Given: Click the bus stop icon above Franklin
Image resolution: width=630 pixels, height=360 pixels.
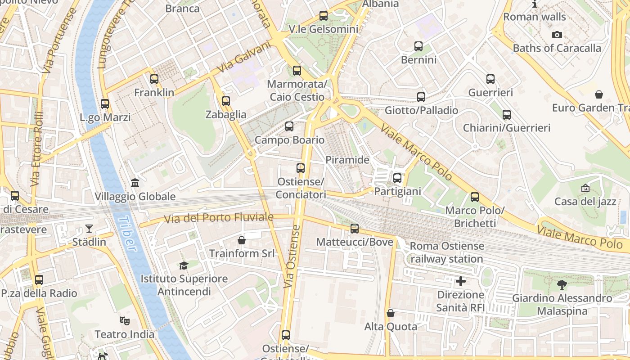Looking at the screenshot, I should tap(154, 79).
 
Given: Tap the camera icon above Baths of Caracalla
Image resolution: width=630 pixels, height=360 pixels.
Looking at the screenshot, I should tap(557, 35).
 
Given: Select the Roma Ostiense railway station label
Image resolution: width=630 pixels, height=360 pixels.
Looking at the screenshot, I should tap(446, 252).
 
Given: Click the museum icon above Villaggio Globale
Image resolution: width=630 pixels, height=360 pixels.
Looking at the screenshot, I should tap(135, 183).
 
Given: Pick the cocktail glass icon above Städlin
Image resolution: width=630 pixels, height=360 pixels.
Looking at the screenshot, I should tap(89, 229).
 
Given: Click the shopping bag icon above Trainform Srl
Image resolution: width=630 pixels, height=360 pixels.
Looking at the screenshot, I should tap(242, 240).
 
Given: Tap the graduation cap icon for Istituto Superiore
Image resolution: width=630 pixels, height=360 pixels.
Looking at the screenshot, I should tap(183, 265).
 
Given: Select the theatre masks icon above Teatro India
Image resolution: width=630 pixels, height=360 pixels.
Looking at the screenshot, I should tap(124, 321).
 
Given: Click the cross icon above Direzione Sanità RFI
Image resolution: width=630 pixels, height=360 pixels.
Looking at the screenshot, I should tap(461, 282).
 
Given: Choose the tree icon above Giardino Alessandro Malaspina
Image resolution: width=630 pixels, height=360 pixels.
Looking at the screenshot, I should tap(562, 284).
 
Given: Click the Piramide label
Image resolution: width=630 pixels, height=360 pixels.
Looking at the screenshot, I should tap(347, 160).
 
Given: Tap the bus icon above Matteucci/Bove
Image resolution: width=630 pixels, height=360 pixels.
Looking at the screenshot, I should tap(355, 229).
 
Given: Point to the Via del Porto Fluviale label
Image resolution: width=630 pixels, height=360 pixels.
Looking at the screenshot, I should tap(219, 218).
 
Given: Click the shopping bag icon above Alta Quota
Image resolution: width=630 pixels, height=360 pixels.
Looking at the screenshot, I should tap(391, 313).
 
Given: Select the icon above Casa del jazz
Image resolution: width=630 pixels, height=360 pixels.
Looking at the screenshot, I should tap(585, 188).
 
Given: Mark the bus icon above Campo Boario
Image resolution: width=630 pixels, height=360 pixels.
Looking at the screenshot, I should tap(289, 126).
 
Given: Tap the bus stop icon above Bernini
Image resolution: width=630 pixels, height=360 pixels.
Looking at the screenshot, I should tap(418, 46).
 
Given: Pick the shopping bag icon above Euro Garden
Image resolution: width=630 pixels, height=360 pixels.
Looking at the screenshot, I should tap(598, 94).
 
